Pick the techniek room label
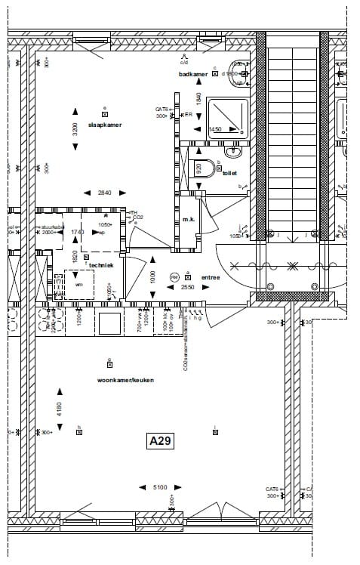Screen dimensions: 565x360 [x=102, y=265]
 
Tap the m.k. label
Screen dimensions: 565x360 [x=189, y=220]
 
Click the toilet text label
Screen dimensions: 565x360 [x=229, y=173]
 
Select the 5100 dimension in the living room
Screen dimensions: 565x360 [x=160, y=487]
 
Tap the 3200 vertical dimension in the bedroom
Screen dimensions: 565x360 [x=75, y=128]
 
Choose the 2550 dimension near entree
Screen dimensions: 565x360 [x=188, y=288]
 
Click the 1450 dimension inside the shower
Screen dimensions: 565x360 [x=215, y=129]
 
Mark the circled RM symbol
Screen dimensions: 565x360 [x=174, y=277]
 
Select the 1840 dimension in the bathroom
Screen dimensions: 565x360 [x=198, y=98]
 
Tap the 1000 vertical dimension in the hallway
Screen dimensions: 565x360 [x=152, y=277]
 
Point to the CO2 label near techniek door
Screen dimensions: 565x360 [x=138, y=218]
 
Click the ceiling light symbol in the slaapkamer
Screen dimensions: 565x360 [x=105, y=113]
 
